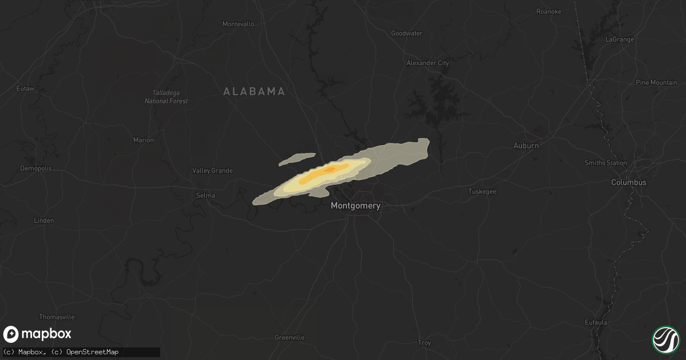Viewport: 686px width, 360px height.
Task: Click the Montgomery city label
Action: click(x=356, y=206)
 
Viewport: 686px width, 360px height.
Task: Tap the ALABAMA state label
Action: click(x=254, y=91)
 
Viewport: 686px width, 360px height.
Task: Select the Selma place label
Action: click(x=206, y=195)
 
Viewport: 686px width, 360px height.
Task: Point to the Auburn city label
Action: click(x=526, y=146)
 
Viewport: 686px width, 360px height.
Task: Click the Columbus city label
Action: click(x=628, y=183)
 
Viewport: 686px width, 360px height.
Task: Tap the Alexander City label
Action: click(x=427, y=63)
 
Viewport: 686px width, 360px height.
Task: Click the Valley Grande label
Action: click(x=212, y=170)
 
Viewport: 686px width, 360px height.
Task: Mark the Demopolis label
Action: click(x=36, y=169)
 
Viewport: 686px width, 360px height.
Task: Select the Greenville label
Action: click(x=289, y=338)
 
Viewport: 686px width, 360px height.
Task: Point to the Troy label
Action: click(x=424, y=343)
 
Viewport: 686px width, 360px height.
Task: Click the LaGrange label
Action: click(x=620, y=39)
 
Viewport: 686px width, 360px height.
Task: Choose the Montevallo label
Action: click(x=238, y=24)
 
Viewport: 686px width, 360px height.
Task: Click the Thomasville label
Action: click(x=57, y=317)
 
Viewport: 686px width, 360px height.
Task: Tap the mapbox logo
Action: click(x=38, y=334)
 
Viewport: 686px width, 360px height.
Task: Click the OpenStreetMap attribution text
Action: click(x=93, y=352)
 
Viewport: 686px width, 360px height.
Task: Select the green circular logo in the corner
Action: click(x=665, y=339)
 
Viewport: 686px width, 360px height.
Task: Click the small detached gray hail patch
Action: click(x=297, y=159)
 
